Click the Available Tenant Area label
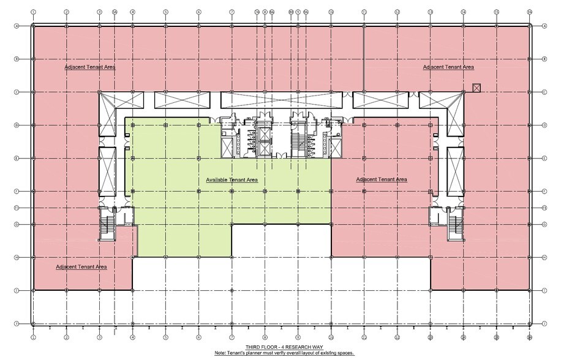(232, 180)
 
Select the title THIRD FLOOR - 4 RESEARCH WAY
(280, 347)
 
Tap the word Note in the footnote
(220, 353)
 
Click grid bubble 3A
(115, 12)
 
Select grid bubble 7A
(257, 12)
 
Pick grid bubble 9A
(306, 12)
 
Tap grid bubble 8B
(290, 12)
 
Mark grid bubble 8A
(272, 12)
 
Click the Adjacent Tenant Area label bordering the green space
(382, 179)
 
